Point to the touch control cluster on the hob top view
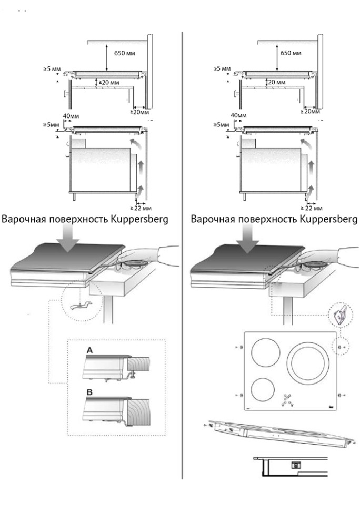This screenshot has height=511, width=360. tap(288, 400)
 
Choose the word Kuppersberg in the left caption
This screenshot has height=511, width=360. tap(140, 219)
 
